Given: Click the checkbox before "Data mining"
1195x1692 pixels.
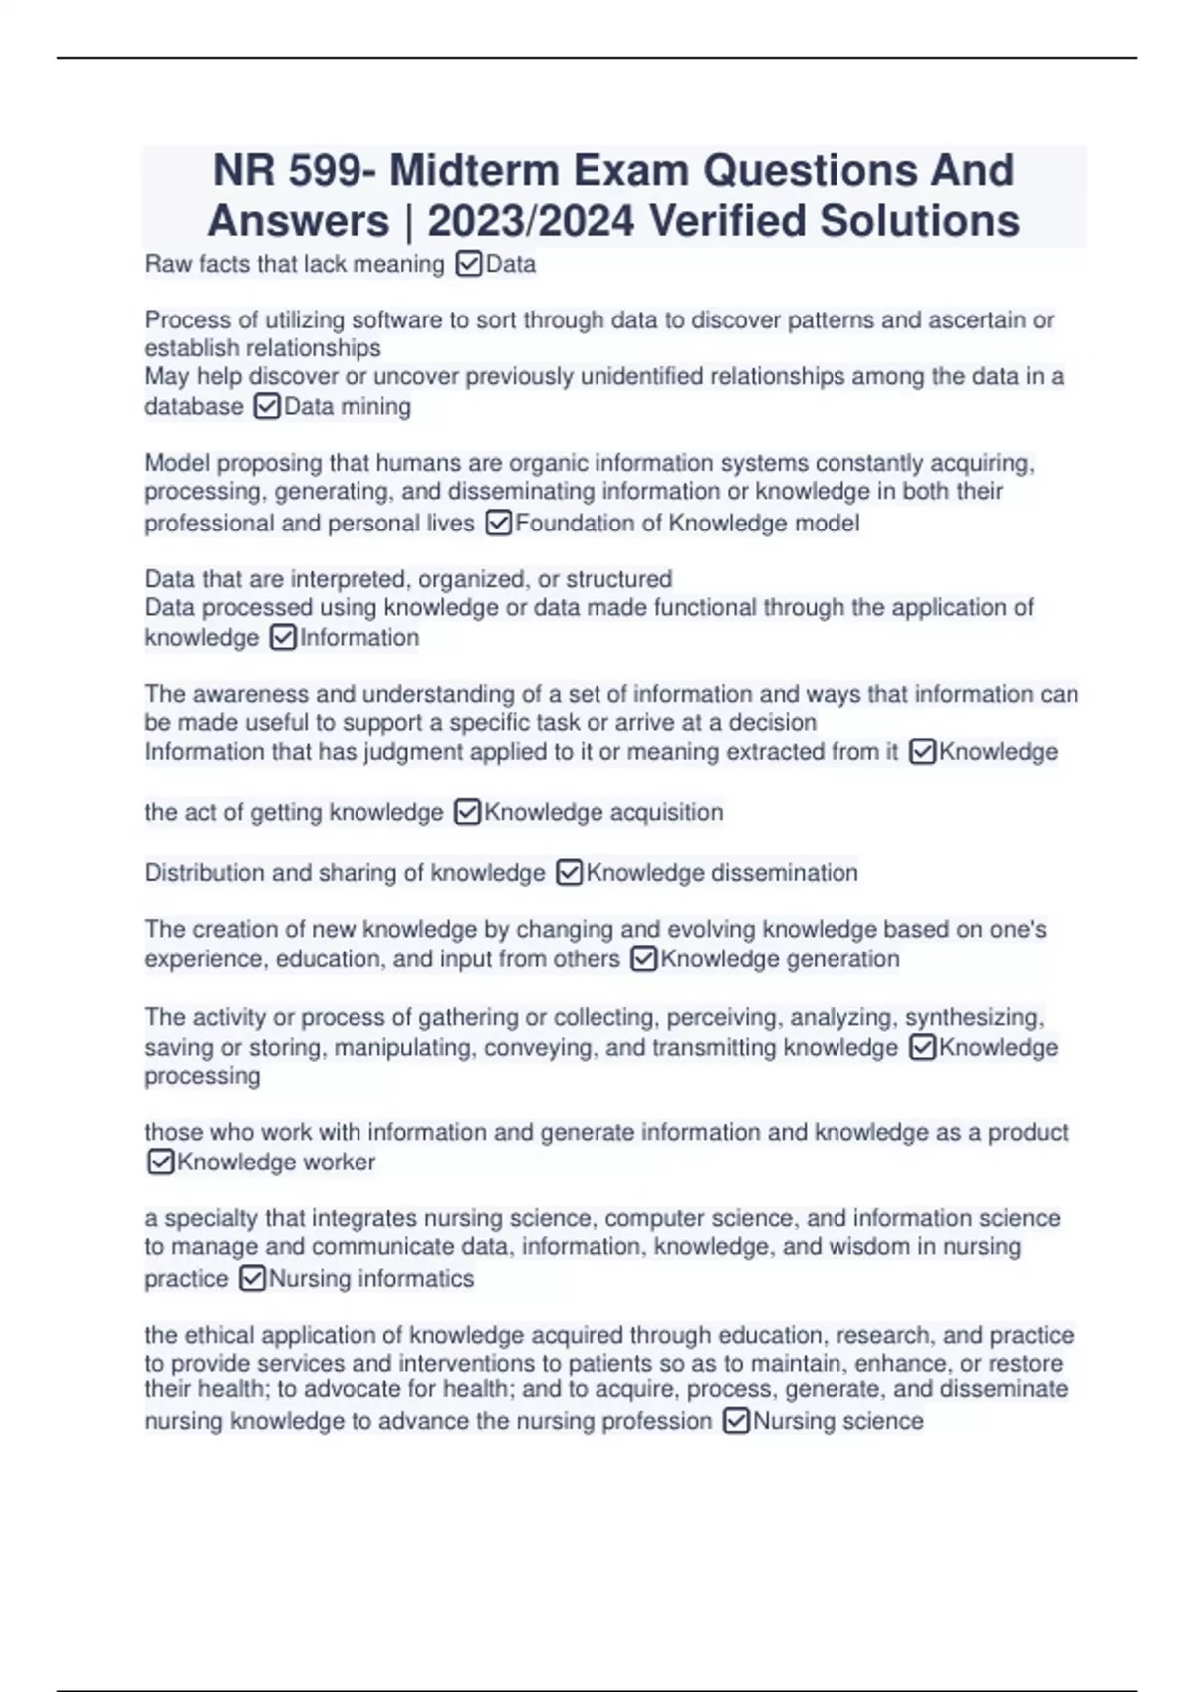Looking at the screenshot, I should point(267,407).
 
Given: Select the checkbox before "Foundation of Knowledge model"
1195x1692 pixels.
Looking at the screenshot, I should point(498,524).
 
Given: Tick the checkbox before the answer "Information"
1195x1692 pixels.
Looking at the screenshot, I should point(283,638).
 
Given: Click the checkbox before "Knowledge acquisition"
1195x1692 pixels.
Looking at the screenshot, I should point(467,813).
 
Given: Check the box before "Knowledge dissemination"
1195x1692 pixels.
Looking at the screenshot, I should point(569,873).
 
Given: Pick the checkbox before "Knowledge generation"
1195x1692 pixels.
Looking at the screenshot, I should point(644,959).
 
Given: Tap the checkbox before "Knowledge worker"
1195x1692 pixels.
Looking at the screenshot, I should point(160,1163).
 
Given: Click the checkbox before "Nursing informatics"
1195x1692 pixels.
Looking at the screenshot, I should point(252,1279).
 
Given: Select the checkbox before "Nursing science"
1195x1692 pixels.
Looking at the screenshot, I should point(736,1421).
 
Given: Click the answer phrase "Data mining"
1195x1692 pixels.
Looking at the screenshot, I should point(348,407).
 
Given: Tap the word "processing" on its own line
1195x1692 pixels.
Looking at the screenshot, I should point(202,1076).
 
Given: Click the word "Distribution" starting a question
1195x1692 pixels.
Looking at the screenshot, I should point(204,873).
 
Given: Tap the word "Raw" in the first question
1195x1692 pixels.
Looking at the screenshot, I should point(165,264).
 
